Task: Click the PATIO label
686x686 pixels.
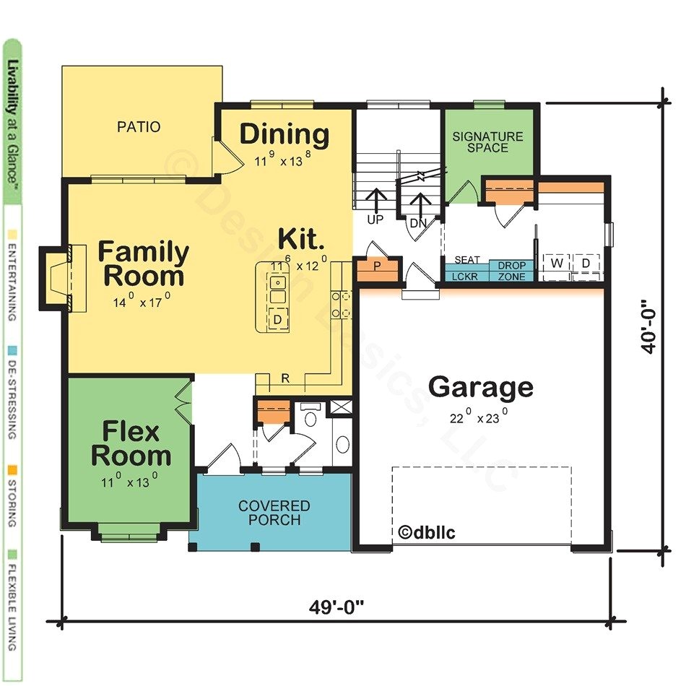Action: [x=139, y=127]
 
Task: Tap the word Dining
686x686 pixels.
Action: [x=285, y=134]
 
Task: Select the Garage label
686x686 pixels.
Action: [x=481, y=387]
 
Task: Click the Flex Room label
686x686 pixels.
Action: [x=131, y=443]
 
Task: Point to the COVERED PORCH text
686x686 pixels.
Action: [x=274, y=513]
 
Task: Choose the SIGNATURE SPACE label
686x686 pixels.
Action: [x=488, y=142]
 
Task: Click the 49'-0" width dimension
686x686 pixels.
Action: [x=337, y=607]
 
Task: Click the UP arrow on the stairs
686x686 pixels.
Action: [x=375, y=199]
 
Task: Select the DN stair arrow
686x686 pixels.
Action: [x=422, y=204]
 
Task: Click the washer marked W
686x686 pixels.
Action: [x=557, y=264]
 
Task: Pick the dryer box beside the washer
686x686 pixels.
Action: [x=586, y=264]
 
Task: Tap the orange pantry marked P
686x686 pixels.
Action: [x=378, y=268]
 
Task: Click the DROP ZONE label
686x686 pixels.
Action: [x=511, y=272]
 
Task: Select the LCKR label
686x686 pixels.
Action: [x=465, y=277]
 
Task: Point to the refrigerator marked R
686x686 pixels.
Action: [x=285, y=378]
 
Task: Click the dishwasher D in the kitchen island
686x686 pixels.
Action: [x=277, y=319]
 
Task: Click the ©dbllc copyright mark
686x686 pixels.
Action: [x=427, y=532]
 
